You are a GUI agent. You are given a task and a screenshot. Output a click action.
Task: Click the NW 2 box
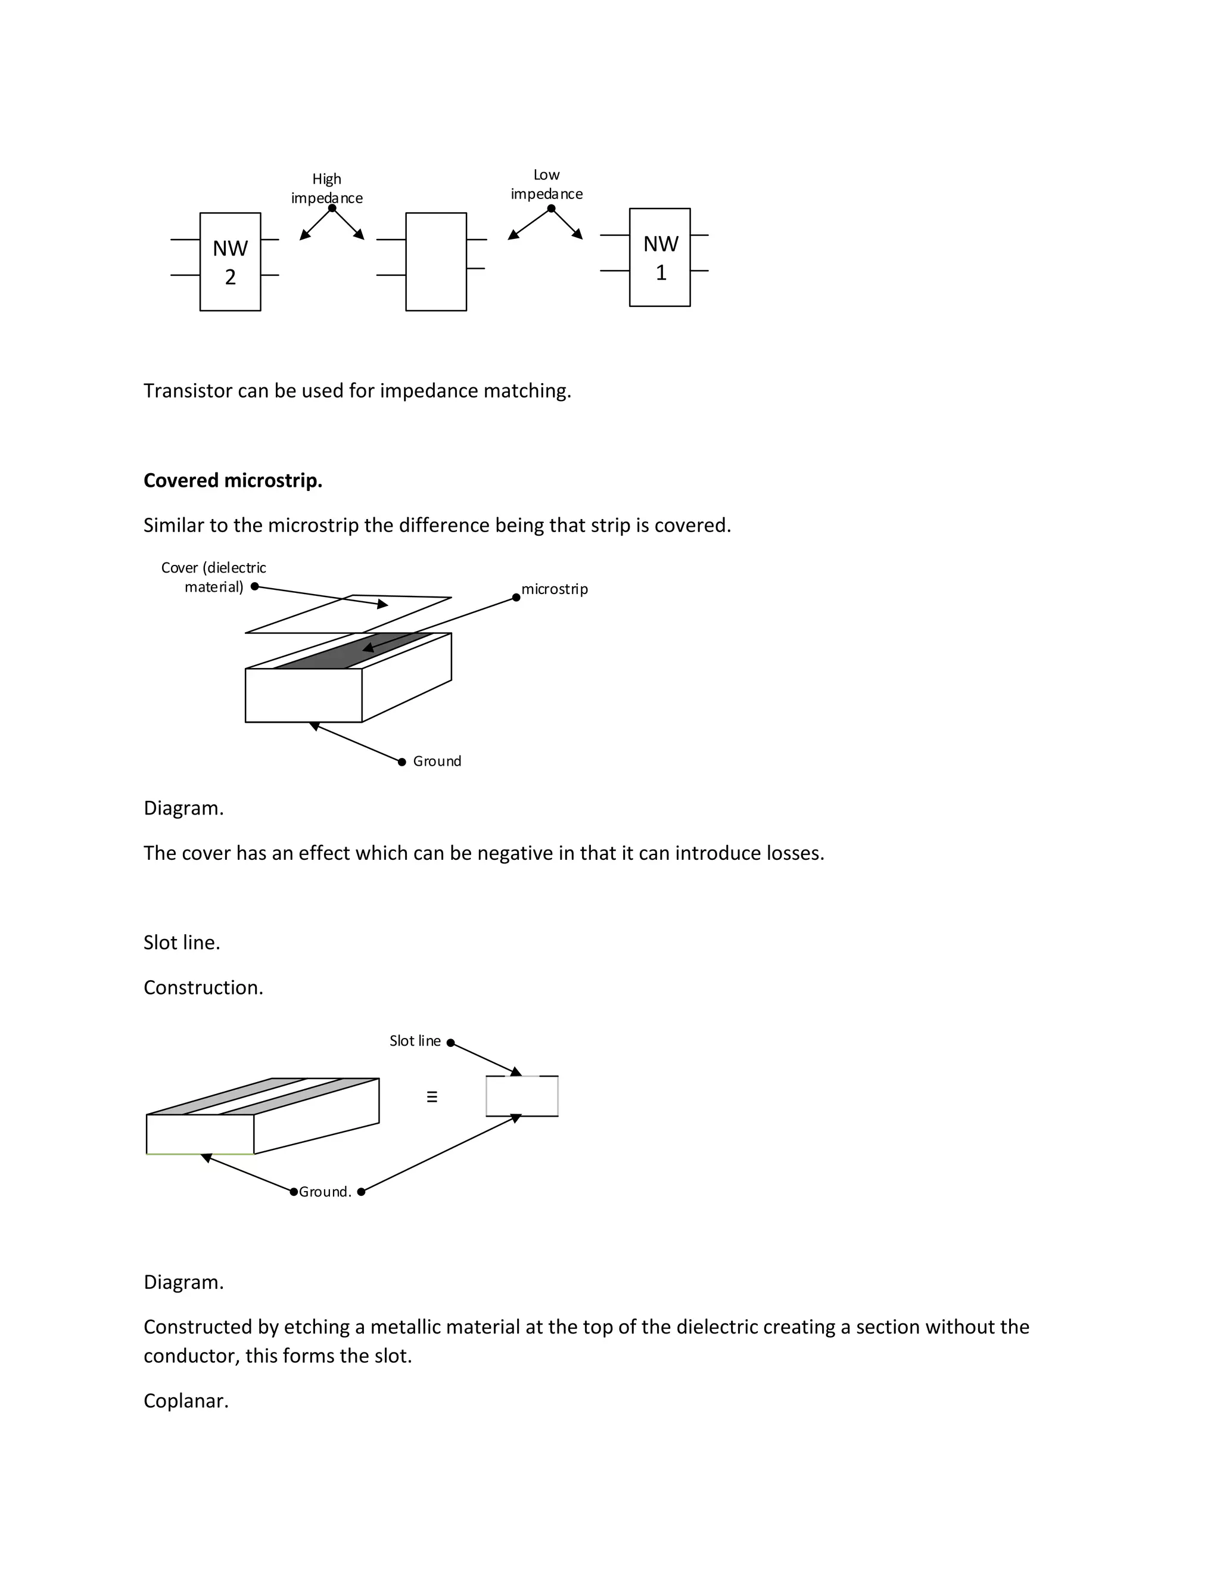pyautogui.click(x=230, y=262)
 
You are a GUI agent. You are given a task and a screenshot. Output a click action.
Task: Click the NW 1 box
pyautogui.click(x=659, y=257)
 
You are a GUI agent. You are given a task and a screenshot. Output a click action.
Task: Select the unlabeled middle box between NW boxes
pyautogui.click(x=436, y=262)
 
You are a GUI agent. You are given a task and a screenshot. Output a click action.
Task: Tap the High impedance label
pyautogui.click(x=326, y=188)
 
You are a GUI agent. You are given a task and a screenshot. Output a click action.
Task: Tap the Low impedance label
pyautogui.click(x=546, y=184)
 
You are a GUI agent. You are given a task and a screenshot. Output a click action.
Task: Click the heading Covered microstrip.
pyautogui.click(x=233, y=481)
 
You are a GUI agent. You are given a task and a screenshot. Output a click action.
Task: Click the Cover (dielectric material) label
pyautogui.click(x=213, y=577)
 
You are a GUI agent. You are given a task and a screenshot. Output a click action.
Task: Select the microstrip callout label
pyautogui.click(x=555, y=589)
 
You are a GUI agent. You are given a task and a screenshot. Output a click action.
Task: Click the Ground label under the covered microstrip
pyautogui.click(x=437, y=761)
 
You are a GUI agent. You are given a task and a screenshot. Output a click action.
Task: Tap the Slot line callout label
pyautogui.click(x=415, y=1041)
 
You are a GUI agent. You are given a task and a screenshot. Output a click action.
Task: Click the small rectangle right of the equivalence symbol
pyautogui.click(x=522, y=1096)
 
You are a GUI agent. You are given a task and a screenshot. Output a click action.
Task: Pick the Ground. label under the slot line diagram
pyautogui.click(x=325, y=1192)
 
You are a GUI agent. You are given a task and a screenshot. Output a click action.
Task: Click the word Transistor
pyautogui.click(x=187, y=391)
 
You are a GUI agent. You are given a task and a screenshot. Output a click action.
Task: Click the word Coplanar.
pyautogui.click(x=186, y=1401)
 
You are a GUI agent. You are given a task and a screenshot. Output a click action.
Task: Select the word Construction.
pyautogui.click(x=203, y=987)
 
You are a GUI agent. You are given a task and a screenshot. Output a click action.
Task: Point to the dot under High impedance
pyautogui.click(x=332, y=208)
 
